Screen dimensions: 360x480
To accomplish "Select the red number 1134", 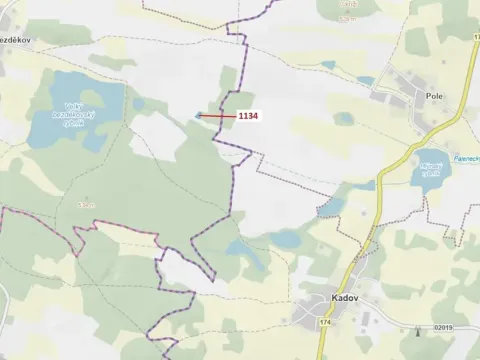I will click(247, 116).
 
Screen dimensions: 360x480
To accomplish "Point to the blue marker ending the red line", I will click(198, 115).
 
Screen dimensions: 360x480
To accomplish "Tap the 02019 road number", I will click(443, 328).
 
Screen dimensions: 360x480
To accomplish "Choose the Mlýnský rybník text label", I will click(431, 169).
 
